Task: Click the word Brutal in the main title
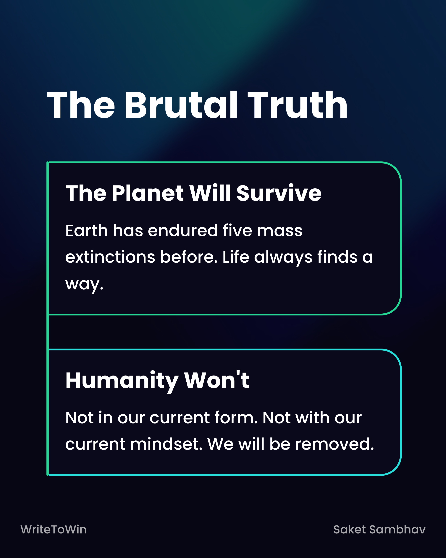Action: (x=181, y=105)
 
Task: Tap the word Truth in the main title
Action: (x=298, y=105)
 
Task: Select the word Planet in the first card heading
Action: (x=148, y=193)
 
